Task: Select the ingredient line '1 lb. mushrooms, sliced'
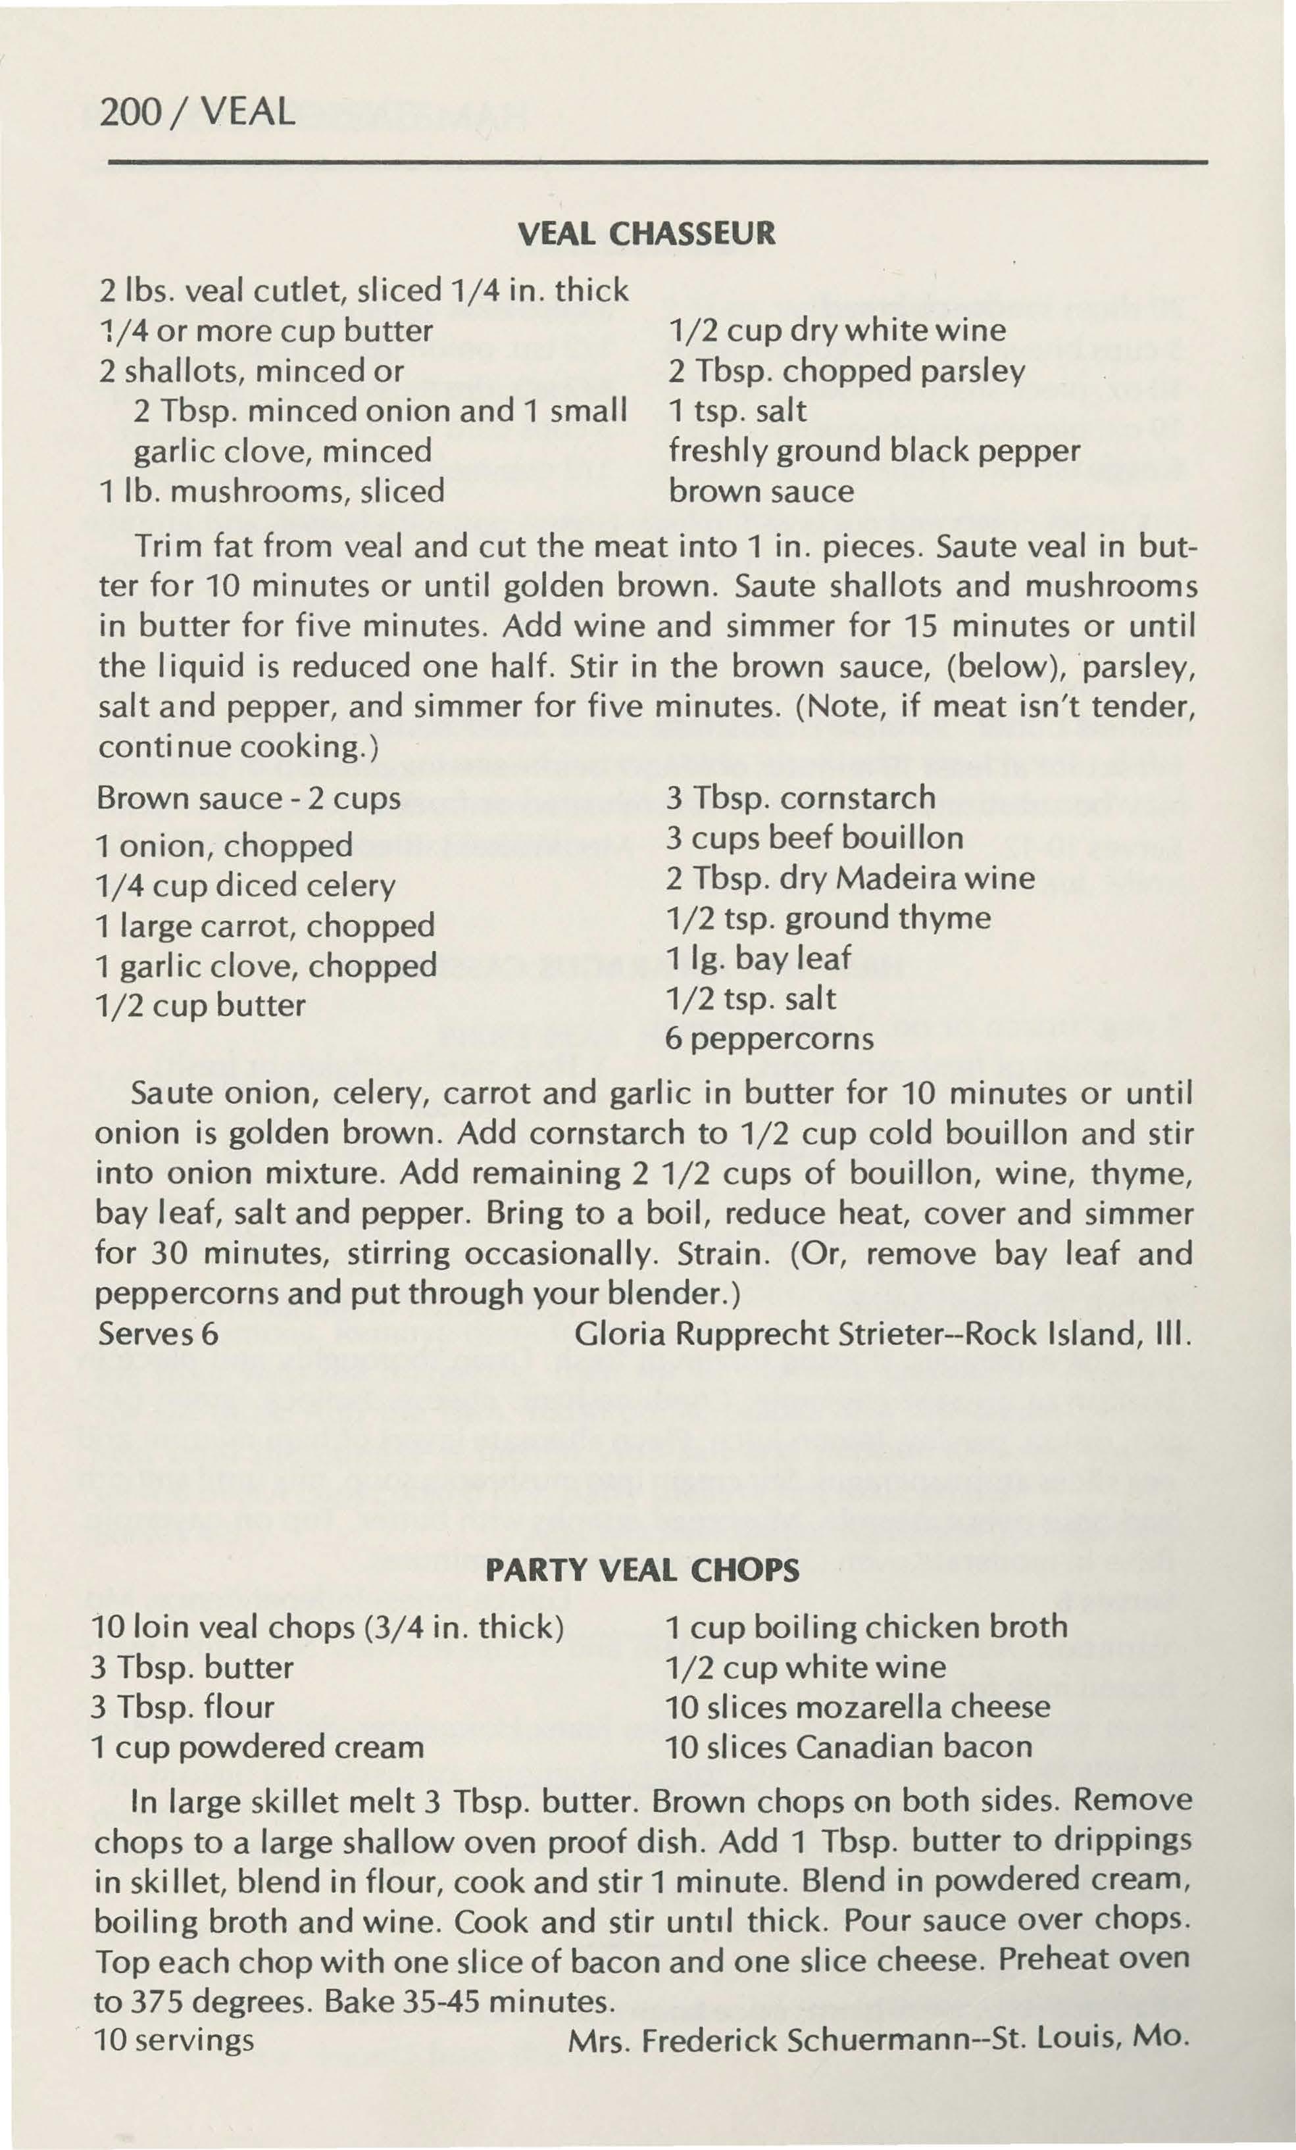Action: [272, 491]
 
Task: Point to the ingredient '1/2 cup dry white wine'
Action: [836, 330]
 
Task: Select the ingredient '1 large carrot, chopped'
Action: [265, 925]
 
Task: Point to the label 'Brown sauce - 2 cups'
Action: [249, 798]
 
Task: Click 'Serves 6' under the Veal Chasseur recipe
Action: [158, 1334]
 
